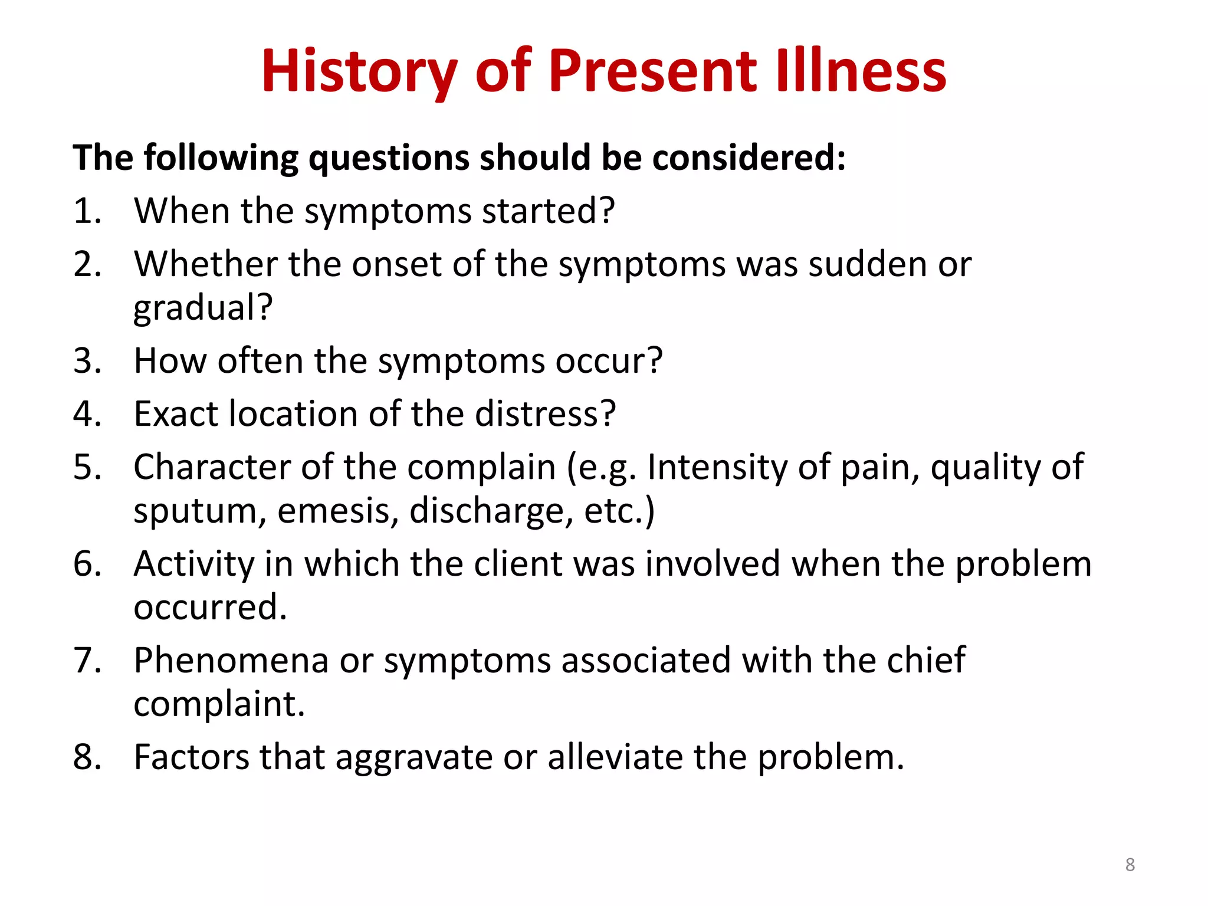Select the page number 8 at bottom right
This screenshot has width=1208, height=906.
(x=1130, y=865)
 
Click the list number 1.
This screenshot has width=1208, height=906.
(x=86, y=211)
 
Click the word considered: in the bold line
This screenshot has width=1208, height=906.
(x=749, y=158)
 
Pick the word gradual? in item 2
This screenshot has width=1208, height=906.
(x=203, y=308)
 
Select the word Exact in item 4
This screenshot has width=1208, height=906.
(x=176, y=414)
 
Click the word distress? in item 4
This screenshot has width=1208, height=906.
(x=545, y=414)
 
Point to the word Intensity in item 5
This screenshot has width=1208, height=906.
(x=717, y=467)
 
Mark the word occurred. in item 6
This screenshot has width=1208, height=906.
(x=210, y=608)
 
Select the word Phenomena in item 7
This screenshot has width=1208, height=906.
(x=231, y=661)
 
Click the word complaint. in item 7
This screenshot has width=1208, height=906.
(x=219, y=704)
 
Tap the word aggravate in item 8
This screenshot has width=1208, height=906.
(x=413, y=758)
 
